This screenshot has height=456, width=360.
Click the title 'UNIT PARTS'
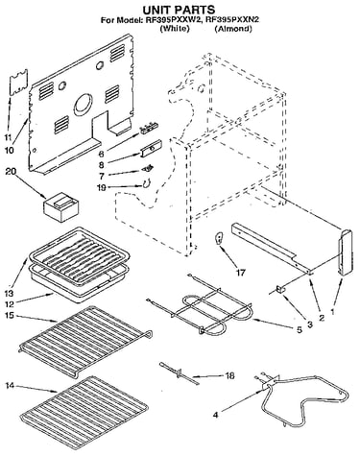pyautogui.click(x=179, y=10)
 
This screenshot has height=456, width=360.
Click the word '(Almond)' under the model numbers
pyautogui.click(x=233, y=29)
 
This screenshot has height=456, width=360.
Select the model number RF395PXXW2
pyautogui.click(x=174, y=20)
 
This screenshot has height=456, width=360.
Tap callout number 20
pyautogui.click(x=12, y=172)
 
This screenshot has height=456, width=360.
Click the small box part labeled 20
pyautogui.click(x=60, y=208)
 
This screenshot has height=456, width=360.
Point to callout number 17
pyautogui.click(x=241, y=273)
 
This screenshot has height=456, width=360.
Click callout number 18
pyautogui.click(x=229, y=375)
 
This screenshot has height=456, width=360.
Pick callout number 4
pyautogui.click(x=215, y=415)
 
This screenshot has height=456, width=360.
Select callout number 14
pyautogui.click(x=10, y=386)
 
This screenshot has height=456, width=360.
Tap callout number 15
pyautogui.click(x=10, y=315)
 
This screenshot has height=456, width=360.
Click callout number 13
pyautogui.click(x=9, y=293)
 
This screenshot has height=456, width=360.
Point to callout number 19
pyautogui.click(x=102, y=187)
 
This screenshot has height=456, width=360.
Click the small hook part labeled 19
pyautogui.click(x=147, y=183)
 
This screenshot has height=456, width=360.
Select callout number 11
pyautogui.click(x=8, y=137)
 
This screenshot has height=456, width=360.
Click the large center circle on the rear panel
pyautogui.click(x=84, y=105)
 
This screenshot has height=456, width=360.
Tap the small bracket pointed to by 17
pyautogui.click(x=220, y=238)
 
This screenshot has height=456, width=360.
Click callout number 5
pyautogui.click(x=300, y=329)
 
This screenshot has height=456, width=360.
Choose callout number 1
pyautogui.click(x=332, y=310)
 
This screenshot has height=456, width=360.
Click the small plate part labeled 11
pyautogui.click(x=19, y=83)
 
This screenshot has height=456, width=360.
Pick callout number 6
pyautogui.click(x=101, y=154)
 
